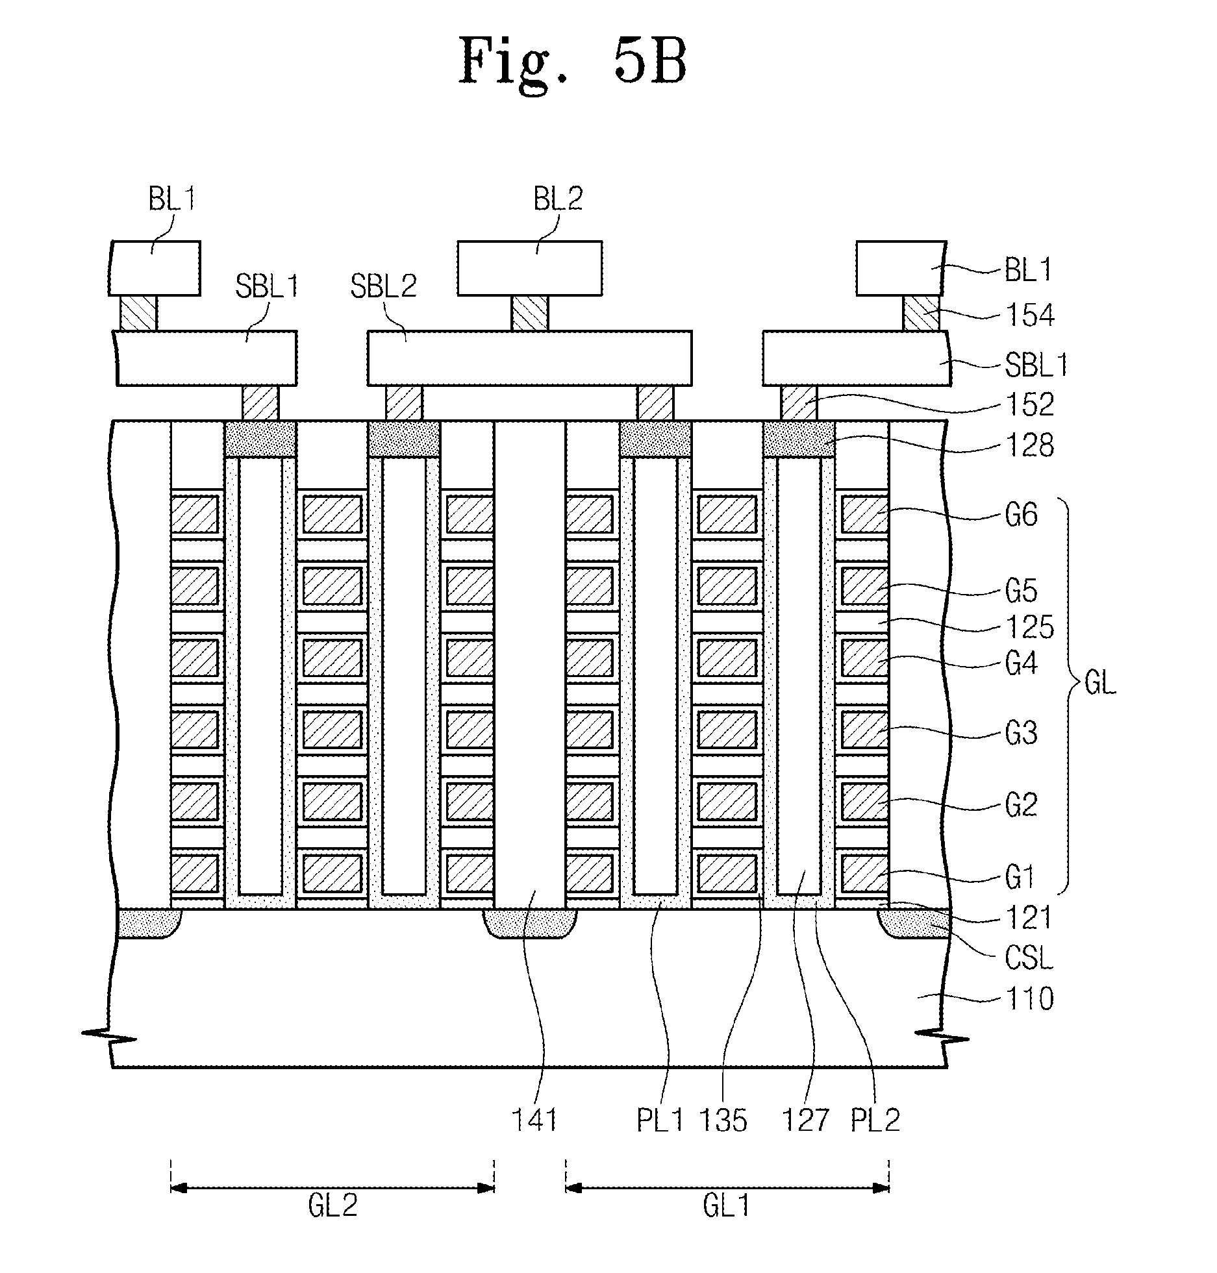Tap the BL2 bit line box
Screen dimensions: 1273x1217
tap(529, 268)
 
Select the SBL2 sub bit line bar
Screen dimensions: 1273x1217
tap(529, 358)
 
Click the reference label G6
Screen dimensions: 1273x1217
tap(1022, 515)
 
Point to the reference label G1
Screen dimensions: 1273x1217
tap(1019, 878)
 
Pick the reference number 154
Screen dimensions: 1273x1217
tap(1030, 315)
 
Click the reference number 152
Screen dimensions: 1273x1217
tap(1030, 404)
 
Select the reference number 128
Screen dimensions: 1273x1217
tap(1030, 446)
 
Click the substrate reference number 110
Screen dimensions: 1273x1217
tap(1030, 999)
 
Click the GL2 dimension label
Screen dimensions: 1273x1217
tap(332, 1206)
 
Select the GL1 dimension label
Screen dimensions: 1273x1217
tap(727, 1206)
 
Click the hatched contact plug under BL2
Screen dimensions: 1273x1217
tap(529, 314)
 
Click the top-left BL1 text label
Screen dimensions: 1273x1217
tap(171, 199)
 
